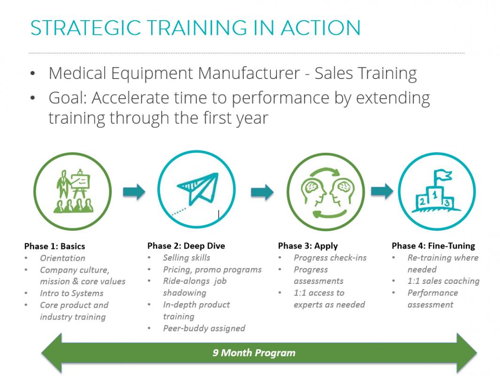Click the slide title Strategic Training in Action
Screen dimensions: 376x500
coord(195,28)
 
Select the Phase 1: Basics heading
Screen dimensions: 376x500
coord(54,246)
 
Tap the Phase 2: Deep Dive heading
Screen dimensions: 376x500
coord(186,246)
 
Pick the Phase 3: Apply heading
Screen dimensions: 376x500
coord(308,246)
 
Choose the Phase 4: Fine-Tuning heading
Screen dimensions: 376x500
coord(433,246)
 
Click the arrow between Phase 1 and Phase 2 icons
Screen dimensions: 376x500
coord(134,192)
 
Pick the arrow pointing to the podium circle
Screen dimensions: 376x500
coord(382,191)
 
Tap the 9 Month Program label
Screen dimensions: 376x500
coord(254,353)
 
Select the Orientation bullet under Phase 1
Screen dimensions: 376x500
coord(62,258)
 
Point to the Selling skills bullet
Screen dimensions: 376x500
coord(186,258)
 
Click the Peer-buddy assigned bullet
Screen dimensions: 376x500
coord(204,328)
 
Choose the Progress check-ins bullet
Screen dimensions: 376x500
coord(330,258)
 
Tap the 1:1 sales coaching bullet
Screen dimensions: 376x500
coord(443,281)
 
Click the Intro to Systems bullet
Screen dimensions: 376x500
coord(71,293)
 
